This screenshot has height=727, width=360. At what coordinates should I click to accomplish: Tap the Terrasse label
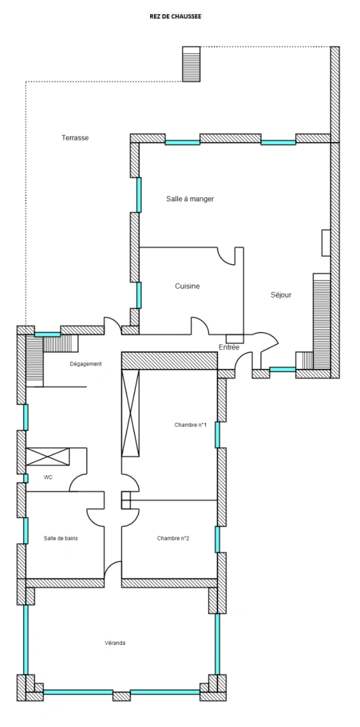[75, 138]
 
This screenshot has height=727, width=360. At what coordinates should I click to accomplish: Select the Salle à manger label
[190, 199]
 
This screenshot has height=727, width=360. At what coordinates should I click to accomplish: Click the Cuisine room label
[187, 286]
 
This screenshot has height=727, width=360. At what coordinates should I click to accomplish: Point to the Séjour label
[281, 295]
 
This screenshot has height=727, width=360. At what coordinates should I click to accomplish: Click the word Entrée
[229, 347]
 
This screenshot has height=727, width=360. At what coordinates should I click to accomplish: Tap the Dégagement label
[85, 364]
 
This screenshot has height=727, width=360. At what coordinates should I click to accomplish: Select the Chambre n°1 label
[190, 425]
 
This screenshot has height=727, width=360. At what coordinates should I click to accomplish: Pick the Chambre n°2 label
[173, 539]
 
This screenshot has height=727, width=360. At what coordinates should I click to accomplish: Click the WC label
[48, 477]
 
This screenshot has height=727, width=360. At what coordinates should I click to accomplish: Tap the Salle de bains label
[61, 539]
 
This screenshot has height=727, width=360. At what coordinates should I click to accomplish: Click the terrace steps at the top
[191, 64]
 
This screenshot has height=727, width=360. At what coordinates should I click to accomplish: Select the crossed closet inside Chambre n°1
[130, 414]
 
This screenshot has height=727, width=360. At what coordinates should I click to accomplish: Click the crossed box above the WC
[47, 456]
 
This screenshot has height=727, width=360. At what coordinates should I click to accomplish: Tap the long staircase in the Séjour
[321, 320]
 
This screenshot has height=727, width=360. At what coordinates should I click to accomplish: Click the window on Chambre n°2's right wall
[217, 539]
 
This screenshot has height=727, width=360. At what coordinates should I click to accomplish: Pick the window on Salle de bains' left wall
[26, 530]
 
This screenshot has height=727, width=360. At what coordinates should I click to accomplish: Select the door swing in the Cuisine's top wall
[226, 256]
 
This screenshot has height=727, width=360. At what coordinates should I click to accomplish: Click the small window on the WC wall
[26, 479]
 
